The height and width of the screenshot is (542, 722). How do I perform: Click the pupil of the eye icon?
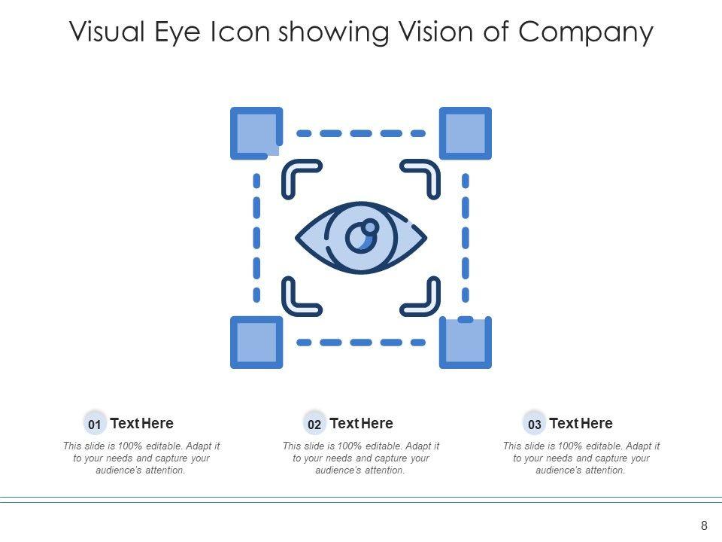pos(359,239)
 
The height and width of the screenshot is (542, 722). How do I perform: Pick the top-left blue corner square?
pos(256,133)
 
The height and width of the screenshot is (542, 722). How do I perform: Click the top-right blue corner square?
pos(466,133)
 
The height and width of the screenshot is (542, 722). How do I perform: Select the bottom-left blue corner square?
pos(256,343)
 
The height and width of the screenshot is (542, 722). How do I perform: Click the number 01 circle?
pos(95,425)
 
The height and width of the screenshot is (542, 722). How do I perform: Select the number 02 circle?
pos(314,425)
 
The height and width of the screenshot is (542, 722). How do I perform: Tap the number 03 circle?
pos(534,425)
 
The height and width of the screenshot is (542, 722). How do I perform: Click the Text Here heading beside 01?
pos(141,423)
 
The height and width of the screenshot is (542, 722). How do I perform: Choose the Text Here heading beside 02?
pos(361,423)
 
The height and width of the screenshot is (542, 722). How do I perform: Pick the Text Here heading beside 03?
pos(581,423)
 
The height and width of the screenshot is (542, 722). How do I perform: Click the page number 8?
pos(704,525)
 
